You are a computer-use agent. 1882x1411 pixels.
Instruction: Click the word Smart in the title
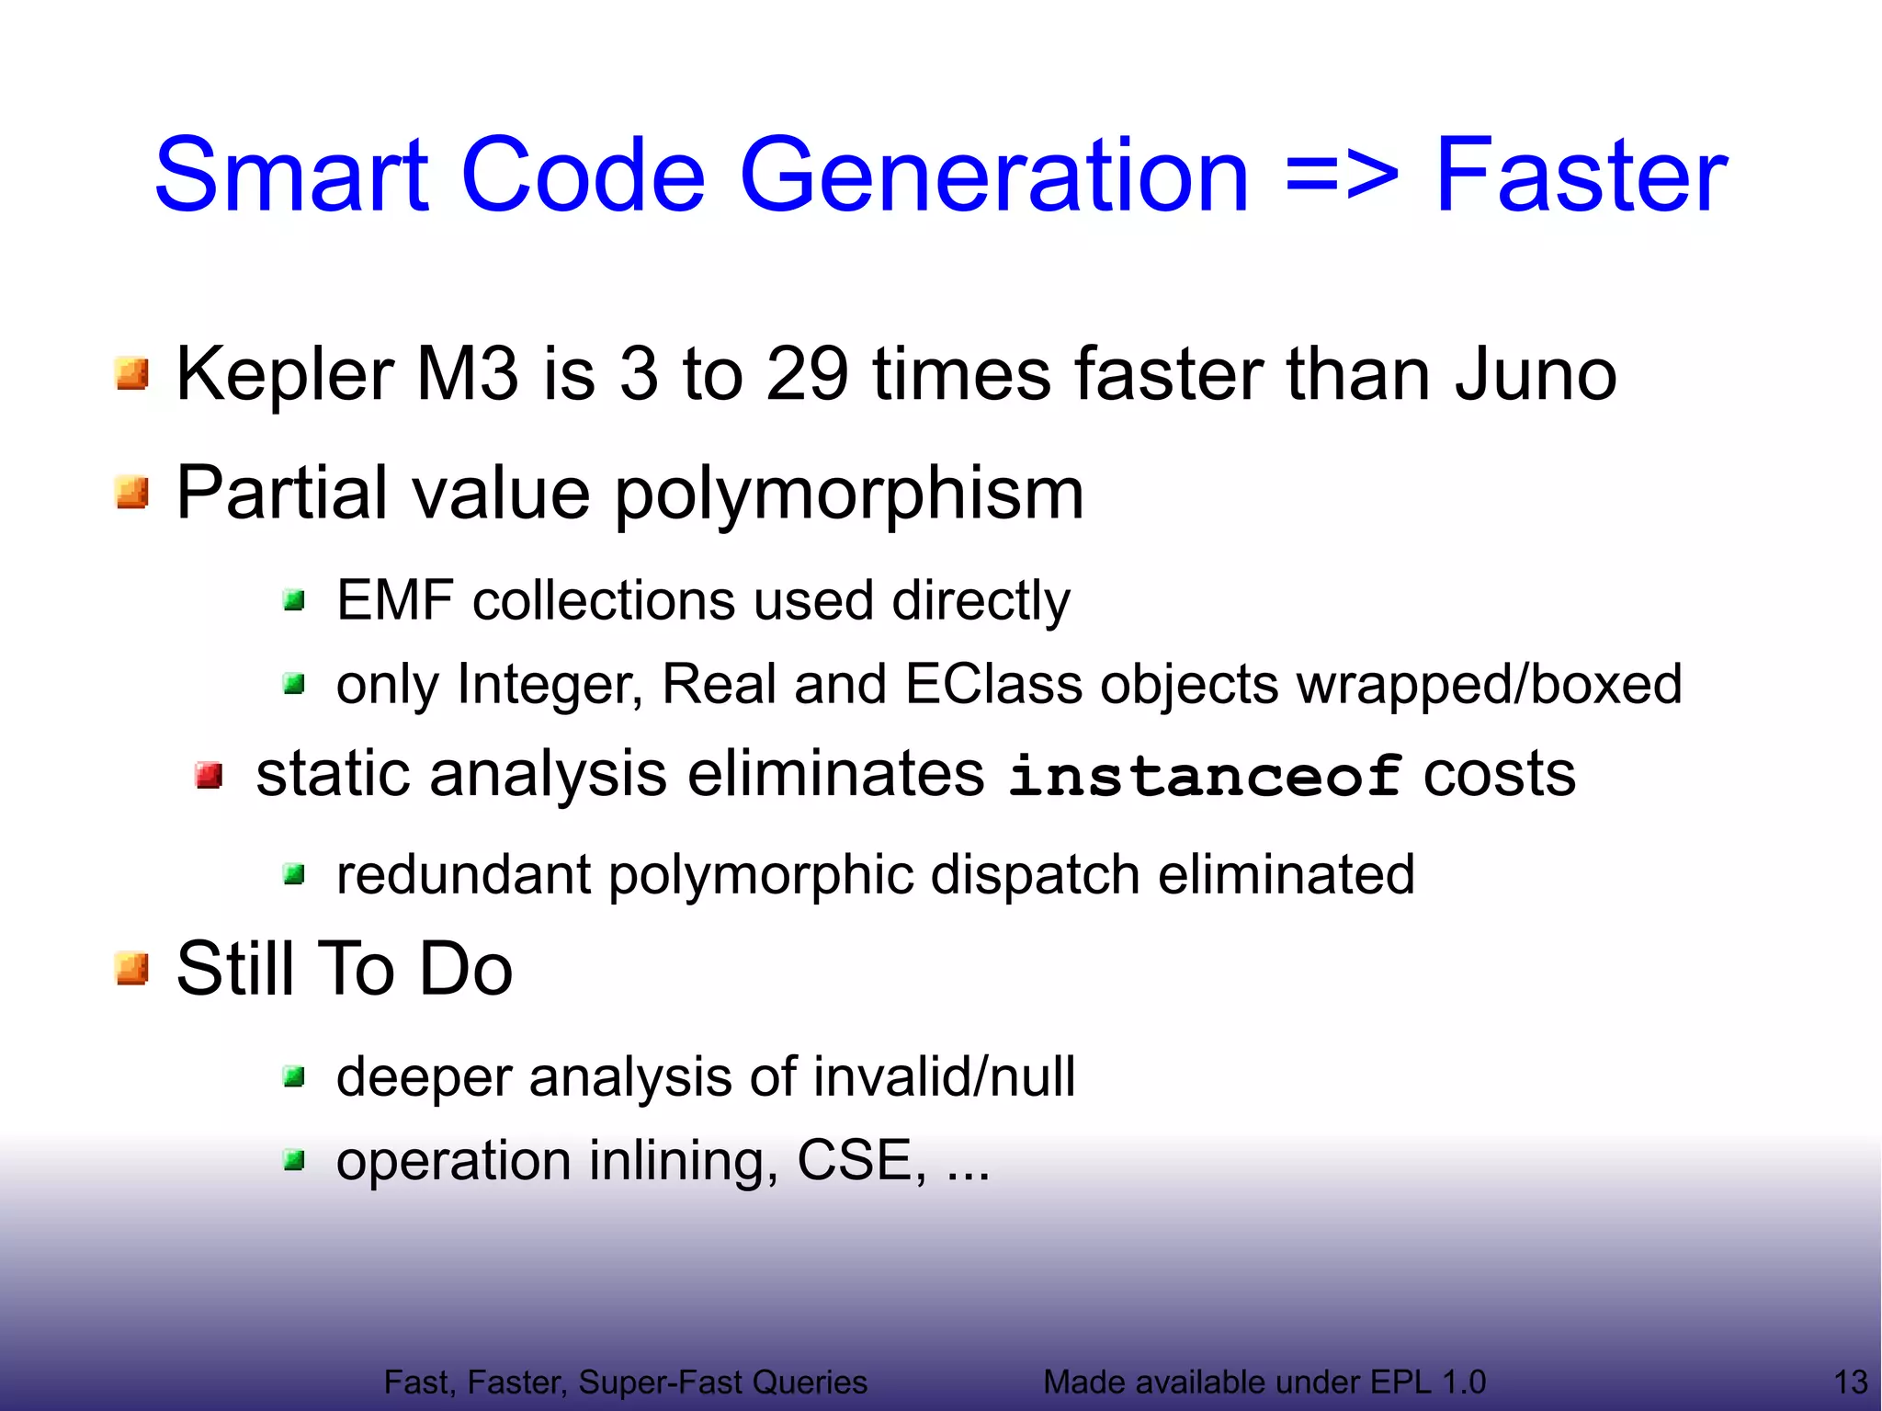[x=292, y=175]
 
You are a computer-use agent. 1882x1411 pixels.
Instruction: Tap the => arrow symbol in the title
[x=1342, y=175]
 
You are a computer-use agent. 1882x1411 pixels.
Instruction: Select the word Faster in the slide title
[x=1581, y=175]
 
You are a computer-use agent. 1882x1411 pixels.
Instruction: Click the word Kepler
[x=285, y=374]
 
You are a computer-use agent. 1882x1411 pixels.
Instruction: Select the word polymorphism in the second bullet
[x=849, y=494]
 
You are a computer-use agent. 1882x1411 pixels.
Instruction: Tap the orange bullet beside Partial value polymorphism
[x=132, y=492]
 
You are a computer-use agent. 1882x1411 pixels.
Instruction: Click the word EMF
[x=395, y=601]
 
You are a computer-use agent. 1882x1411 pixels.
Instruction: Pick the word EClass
[x=993, y=685]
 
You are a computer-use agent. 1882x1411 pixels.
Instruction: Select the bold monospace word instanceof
[x=1205, y=776]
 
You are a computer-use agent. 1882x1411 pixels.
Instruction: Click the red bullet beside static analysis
[x=210, y=775]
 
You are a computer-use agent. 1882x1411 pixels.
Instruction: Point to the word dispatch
[x=1035, y=874]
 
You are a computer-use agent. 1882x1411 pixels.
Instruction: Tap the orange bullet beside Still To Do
[x=132, y=969]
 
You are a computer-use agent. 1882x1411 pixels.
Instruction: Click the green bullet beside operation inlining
[x=294, y=1161]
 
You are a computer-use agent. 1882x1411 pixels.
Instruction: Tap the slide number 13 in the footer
[x=1850, y=1382]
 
